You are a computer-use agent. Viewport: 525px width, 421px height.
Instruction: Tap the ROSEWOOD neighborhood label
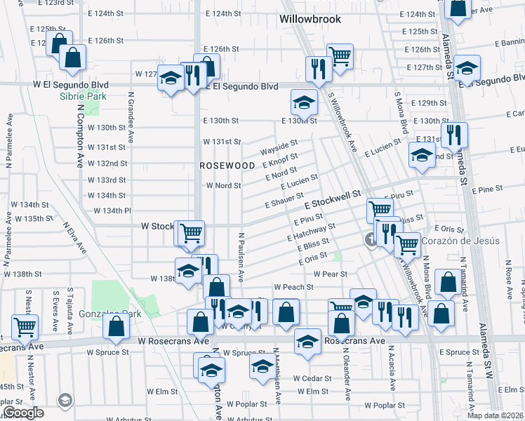coord(227,166)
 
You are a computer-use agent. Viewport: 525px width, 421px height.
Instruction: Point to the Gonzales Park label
coord(109,314)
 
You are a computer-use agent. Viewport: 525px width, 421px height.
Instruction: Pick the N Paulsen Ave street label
coord(240,258)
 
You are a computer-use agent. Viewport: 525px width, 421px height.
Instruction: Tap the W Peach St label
coord(293,287)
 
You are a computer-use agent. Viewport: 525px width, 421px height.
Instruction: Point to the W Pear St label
coord(331,274)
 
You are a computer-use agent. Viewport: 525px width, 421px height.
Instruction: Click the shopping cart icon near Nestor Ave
coord(25,326)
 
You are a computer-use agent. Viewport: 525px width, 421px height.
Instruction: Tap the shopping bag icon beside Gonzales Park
coord(116,326)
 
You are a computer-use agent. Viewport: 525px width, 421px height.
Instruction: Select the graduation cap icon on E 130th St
coord(304,104)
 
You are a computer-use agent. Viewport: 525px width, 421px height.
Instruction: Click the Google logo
coord(22,413)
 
